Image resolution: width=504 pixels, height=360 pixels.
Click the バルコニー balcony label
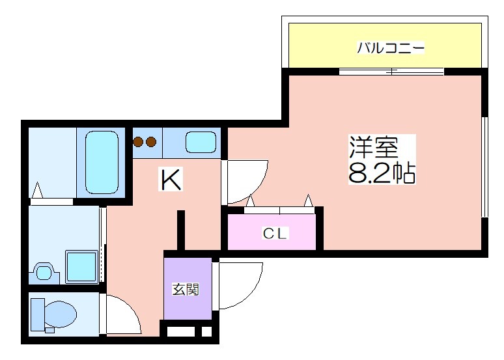(x=391, y=48)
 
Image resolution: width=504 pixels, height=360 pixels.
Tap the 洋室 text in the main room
(x=374, y=148)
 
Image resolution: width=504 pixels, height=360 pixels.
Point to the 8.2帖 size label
(x=382, y=173)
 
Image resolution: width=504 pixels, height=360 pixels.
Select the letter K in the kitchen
(x=171, y=180)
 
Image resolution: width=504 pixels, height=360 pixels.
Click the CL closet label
(x=275, y=233)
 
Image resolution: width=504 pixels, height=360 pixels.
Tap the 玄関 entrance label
(x=186, y=289)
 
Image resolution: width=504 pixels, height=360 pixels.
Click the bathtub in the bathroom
(x=102, y=162)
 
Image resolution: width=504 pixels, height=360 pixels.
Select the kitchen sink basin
(x=201, y=143)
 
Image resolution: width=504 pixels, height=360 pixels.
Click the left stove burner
(x=138, y=142)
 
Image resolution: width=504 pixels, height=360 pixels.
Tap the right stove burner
(x=151, y=142)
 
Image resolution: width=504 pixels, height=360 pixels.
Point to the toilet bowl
(x=60, y=314)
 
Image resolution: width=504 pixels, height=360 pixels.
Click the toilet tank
(x=37, y=314)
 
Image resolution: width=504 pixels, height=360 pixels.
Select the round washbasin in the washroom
(x=44, y=273)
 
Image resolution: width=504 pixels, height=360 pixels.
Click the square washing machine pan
(x=81, y=267)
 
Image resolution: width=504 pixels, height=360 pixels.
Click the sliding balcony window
(x=391, y=72)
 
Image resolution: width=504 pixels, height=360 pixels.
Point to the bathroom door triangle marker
(x=37, y=190)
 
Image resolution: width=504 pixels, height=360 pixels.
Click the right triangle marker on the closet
(x=309, y=201)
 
